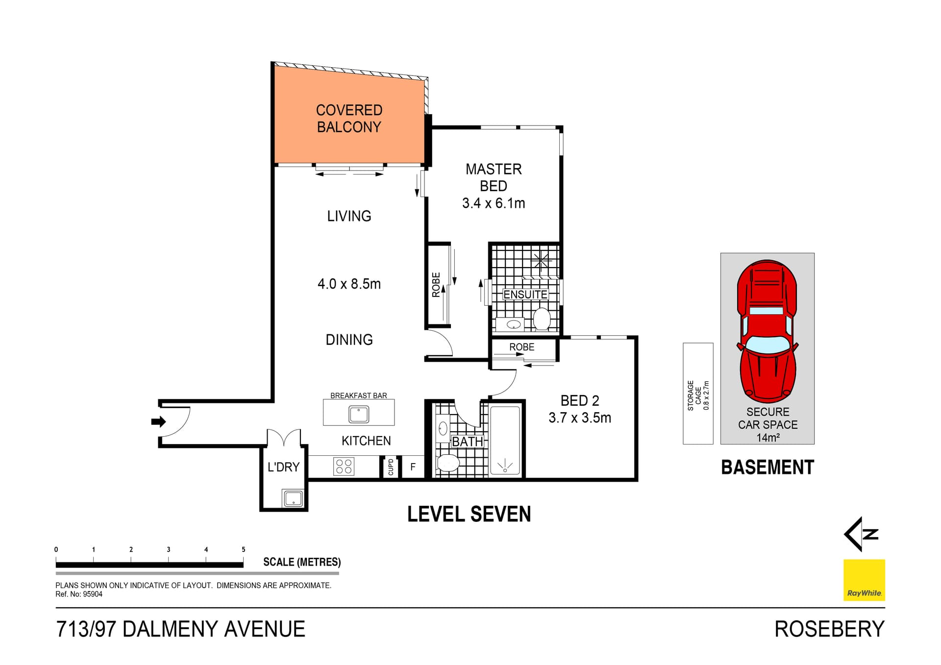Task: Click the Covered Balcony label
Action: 349,118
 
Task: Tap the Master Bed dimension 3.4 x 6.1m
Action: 493,203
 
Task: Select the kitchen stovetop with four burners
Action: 344,466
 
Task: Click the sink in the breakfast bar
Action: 359,415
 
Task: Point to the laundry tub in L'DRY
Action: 293,498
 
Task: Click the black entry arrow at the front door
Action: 158,421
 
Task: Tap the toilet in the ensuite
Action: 542,319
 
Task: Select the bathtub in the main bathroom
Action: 505,440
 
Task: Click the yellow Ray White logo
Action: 864,580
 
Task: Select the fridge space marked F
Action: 413,467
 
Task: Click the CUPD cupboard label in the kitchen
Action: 391,467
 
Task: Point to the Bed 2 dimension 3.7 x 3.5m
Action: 579,418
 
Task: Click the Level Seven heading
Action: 469,514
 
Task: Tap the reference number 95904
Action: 93,594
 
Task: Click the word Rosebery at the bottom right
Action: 829,629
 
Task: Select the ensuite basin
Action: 513,324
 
